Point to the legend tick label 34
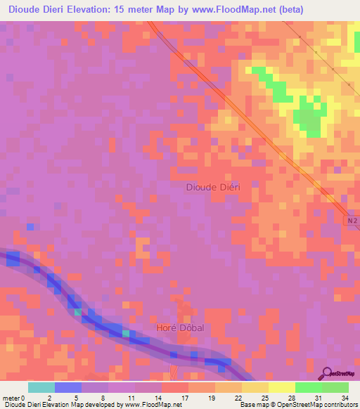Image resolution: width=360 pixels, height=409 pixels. click(345, 397)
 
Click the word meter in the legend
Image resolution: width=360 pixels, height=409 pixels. click(11, 397)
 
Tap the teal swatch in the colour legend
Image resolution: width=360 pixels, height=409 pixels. click(41, 387)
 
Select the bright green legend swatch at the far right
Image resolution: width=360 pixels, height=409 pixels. click(335, 387)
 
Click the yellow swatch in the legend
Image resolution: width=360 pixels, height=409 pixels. click(282, 387)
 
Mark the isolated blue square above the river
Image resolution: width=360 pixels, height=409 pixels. click(30, 226)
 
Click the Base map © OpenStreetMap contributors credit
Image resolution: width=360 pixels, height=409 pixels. click(297, 405)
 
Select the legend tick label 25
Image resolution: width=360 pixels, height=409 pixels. click(264, 397)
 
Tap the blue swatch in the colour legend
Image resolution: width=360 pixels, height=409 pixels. click(68, 387)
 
